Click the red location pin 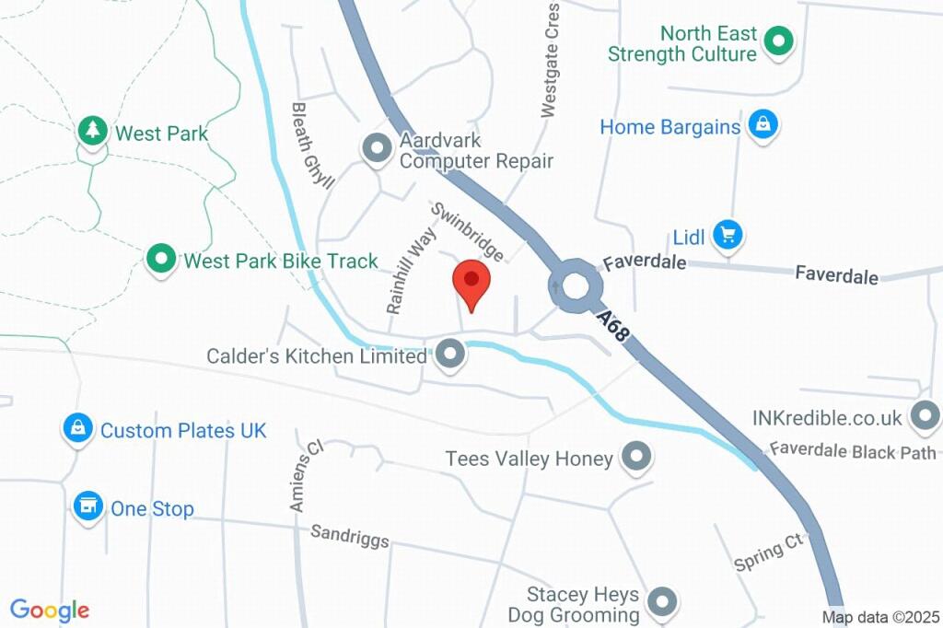471,283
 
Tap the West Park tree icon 92,131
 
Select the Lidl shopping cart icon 728,235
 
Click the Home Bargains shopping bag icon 762,124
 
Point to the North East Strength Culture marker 779,41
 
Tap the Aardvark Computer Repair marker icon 376,148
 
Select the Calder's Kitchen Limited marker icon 449,354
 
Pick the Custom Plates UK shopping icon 78,428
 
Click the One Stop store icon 87,506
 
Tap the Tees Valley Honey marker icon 635,456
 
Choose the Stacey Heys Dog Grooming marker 661,602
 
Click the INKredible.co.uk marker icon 924,416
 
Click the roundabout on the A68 576,286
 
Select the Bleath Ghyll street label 312,145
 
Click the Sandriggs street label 349,536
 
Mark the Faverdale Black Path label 853,451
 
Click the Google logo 50,610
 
